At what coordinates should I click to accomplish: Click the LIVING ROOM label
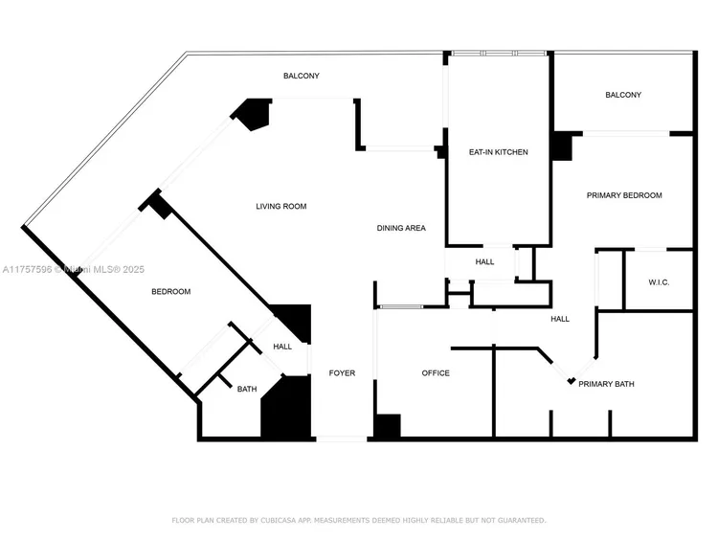(x=280, y=206)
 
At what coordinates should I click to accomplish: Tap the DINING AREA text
(x=401, y=228)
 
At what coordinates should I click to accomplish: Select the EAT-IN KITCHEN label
(x=498, y=152)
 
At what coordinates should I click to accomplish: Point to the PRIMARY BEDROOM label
(x=624, y=195)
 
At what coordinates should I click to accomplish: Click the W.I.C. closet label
(x=659, y=282)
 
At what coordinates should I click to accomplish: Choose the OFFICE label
(x=436, y=372)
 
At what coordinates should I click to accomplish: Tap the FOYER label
(x=342, y=372)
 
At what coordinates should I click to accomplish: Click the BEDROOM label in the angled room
(x=171, y=292)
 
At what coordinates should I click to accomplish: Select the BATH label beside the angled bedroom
(x=247, y=389)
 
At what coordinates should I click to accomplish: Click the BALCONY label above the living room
(x=301, y=76)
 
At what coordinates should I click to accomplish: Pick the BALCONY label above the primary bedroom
(x=623, y=95)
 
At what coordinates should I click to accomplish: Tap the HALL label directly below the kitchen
(x=485, y=261)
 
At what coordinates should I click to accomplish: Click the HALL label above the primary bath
(x=560, y=319)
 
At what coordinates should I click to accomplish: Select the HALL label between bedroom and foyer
(x=282, y=347)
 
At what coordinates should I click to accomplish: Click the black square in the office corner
(x=388, y=427)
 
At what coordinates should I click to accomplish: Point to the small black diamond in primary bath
(x=572, y=382)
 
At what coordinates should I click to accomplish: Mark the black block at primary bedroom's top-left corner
(x=563, y=146)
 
